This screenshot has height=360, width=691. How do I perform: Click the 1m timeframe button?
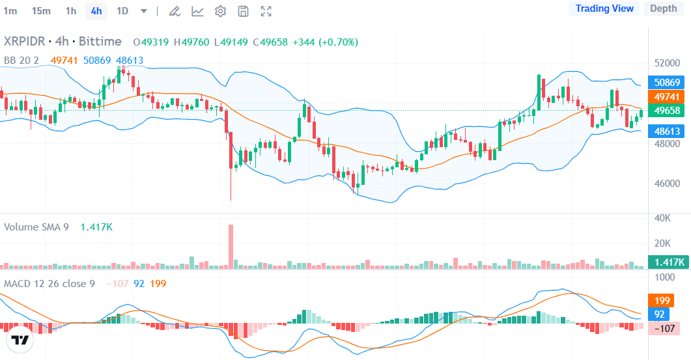point(10,10)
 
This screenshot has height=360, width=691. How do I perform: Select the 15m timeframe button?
point(41,10)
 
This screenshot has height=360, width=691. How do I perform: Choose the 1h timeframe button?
point(71,10)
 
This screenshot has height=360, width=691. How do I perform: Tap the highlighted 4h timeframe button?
point(96,10)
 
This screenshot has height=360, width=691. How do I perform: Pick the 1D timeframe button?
point(122,10)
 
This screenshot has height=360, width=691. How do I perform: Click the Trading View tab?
point(604,8)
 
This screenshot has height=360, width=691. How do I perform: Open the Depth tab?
point(663,8)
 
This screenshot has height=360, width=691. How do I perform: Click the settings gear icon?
point(220,11)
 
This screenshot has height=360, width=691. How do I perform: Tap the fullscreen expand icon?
point(266,11)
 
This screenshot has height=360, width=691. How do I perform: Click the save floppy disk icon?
point(243,11)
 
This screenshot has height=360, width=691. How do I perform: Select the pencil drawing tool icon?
point(174,11)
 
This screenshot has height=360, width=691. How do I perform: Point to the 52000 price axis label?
point(667,63)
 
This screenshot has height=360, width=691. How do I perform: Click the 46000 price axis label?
point(667,184)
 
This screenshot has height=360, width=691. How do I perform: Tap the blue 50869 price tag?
point(667,83)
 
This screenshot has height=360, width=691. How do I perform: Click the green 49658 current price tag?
point(667,111)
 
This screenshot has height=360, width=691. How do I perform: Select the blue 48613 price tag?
point(667,131)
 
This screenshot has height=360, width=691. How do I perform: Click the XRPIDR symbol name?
point(24,42)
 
